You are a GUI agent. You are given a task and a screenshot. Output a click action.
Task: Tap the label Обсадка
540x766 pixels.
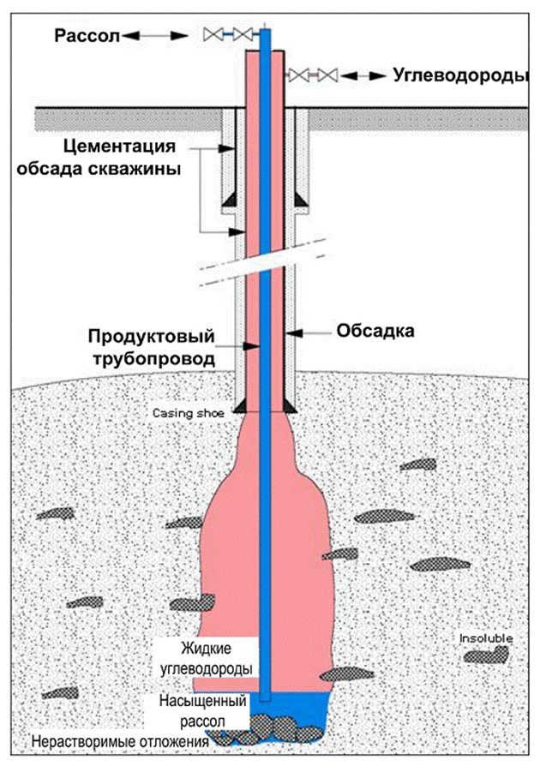[x=375, y=332]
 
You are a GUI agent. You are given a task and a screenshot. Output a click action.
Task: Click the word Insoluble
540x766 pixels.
[x=485, y=639]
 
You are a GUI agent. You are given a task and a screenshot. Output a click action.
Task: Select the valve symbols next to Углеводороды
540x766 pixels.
[x=312, y=75]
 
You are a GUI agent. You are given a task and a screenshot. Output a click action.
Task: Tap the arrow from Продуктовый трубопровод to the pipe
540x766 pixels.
[x=249, y=346]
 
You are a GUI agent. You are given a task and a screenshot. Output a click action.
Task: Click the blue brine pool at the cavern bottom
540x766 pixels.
[x=321, y=710]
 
